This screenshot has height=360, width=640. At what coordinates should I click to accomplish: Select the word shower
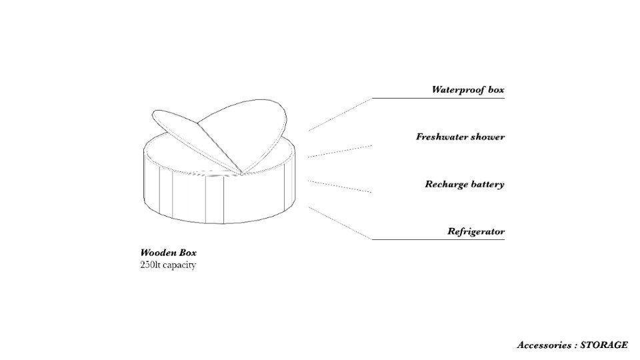pos(488,137)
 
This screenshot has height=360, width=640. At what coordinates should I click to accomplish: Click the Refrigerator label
pos(475,232)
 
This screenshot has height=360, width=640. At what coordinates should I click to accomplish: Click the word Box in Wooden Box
pos(188,253)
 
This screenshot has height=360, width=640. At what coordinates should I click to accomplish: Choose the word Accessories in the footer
pos(543,345)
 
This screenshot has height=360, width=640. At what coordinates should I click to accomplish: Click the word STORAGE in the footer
pos(605,345)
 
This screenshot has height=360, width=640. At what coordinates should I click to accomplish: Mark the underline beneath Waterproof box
pos(438,99)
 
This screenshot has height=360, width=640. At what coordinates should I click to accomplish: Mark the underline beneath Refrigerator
pos(438,239)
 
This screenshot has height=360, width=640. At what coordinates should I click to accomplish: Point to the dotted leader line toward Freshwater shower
pos(340,151)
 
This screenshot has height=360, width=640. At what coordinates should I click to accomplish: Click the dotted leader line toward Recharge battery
pos(340,186)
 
